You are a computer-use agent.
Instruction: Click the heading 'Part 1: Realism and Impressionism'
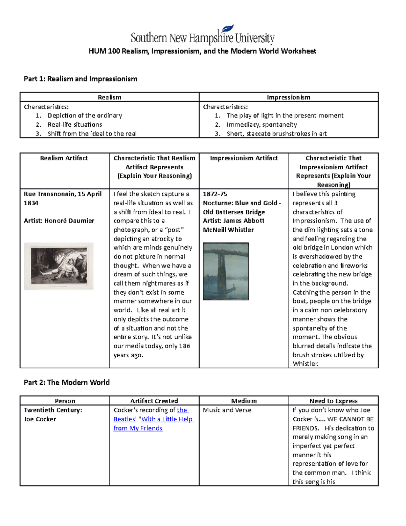click(x=81, y=79)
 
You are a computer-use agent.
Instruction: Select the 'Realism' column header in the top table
click(x=109, y=97)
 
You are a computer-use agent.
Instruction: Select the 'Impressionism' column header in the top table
click(x=288, y=97)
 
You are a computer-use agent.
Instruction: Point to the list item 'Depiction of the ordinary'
click(x=85, y=115)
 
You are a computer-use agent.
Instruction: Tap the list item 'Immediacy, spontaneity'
click(x=262, y=125)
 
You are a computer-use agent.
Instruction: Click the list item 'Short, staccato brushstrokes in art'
click(x=276, y=133)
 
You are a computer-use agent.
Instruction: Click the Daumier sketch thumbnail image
click(x=59, y=266)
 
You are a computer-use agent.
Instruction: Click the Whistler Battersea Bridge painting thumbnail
click(x=226, y=271)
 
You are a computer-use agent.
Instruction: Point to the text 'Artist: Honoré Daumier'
click(x=59, y=220)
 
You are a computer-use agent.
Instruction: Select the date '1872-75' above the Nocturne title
click(x=215, y=194)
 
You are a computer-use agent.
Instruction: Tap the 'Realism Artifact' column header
click(x=64, y=158)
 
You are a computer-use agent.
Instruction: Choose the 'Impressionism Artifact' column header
click(x=244, y=158)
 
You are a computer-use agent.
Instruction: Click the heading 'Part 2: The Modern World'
click(x=67, y=382)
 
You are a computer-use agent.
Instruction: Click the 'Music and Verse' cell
click(x=227, y=410)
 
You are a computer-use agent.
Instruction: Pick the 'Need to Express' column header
click(x=333, y=401)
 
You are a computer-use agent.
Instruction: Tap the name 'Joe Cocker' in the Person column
click(x=40, y=419)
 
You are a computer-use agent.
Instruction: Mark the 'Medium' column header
click(x=244, y=401)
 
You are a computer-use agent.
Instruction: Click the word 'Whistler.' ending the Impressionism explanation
click(x=306, y=364)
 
